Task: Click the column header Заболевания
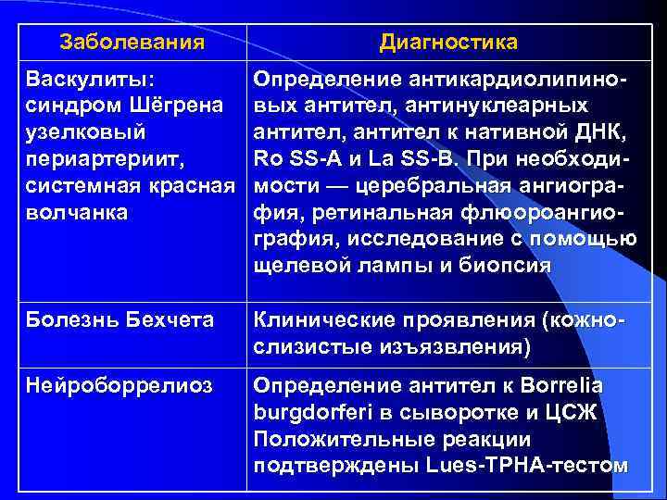pos(132,43)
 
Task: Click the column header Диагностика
pos(448,43)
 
